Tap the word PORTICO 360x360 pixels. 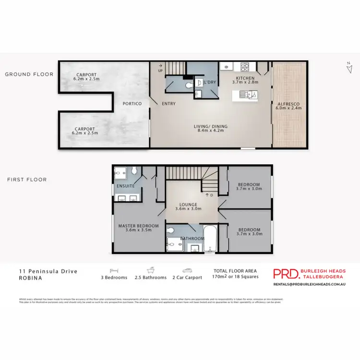click(132, 104)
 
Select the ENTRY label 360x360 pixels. click(168, 104)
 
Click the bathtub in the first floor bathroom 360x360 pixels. click(210, 239)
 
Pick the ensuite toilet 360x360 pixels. click(136, 170)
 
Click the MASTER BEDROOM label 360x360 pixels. click(139, 228)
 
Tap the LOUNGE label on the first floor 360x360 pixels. click(189, 207)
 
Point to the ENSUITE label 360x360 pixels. click(125, 186)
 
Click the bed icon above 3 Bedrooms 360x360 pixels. click(114, 270)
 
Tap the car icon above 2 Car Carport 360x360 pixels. click(186, 270)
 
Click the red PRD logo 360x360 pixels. click(286, 274)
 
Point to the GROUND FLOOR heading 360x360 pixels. click(29, 74)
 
